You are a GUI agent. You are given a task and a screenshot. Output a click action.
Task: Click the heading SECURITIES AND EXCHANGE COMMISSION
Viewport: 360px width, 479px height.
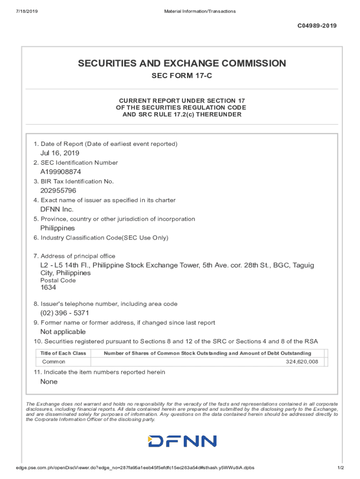tap(182, 63)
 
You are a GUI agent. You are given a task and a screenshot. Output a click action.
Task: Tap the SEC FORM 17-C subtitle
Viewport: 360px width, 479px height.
tap(182, 76)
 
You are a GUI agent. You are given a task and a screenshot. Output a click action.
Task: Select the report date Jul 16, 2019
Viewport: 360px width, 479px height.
tap(60, 153)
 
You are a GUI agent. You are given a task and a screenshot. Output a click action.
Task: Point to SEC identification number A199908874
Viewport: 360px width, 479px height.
tap(60, 172)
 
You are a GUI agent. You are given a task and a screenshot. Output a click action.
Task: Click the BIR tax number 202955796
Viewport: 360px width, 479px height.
tap(58, 190)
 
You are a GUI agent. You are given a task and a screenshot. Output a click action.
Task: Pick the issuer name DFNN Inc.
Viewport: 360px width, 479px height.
tap(57, 209)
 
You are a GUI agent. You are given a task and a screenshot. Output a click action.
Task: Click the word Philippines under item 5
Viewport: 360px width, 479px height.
tap(58, 228)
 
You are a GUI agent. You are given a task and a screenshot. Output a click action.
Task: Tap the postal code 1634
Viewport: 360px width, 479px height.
tap(48, 288)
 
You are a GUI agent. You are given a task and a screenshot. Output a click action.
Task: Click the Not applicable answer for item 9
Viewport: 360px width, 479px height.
tap(63, 332)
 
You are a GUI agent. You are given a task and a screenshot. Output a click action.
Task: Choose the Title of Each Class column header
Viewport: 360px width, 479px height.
tap(63, 353)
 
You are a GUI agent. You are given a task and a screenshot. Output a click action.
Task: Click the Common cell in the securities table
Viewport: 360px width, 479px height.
tap(54, 362)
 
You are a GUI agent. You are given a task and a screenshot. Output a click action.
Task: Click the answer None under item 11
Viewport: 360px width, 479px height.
tap(49, 382)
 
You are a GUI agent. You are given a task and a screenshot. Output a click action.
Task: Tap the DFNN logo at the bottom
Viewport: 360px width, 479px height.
tap(182, 441)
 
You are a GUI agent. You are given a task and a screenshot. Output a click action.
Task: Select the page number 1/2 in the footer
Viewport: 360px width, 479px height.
tap(340, 468)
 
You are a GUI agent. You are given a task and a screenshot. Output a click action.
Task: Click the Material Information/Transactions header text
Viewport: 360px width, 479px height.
tap(200, 11)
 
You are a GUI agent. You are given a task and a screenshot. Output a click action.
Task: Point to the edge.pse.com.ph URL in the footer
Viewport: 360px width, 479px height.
tap(135, 468)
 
